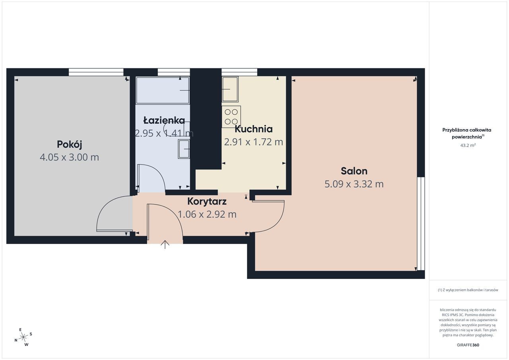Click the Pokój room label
click(69, 145)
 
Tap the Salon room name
click(354, 171)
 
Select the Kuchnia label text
click(254, 129)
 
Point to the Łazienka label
click(164, 120)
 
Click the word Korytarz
click(207, 201)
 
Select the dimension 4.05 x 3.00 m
click(69, 157)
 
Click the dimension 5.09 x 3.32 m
click(354, 184)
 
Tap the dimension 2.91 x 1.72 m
click(254, 142)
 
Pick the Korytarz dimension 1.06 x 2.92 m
click(207, 214)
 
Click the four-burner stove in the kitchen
click(231, 117)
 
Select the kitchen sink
click(230, 89)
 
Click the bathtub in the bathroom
click(163, 90)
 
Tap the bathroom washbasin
click(184, 149)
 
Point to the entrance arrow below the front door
click(165, 244)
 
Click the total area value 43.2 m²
click(468, 145)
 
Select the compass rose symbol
click(23, 337)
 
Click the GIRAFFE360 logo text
click(468, 345)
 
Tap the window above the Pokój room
click(96, 72)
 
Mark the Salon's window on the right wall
click(421, 224)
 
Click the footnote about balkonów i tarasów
click(468, 290)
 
